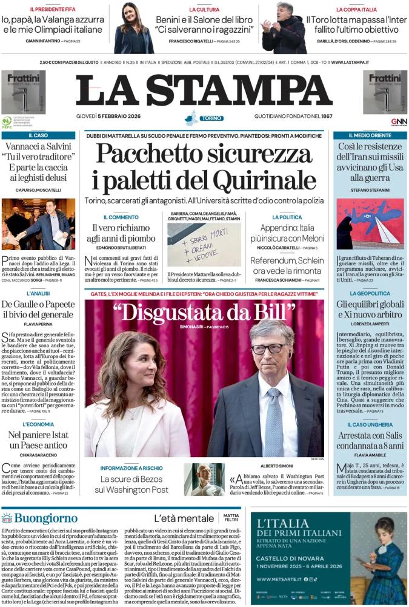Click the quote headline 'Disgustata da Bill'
click(x=204, y=312)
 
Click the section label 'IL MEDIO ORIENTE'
click(x=370, y=135)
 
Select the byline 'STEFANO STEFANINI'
click(x=370, y=190)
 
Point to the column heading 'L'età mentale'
click(x=184, y=518)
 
